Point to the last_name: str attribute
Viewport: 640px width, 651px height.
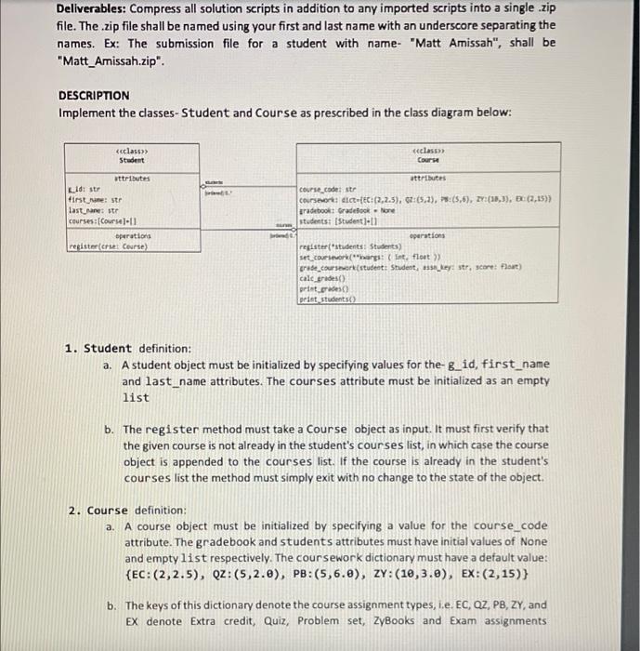tap(90, 209)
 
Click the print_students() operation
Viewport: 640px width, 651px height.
tap(330, 299)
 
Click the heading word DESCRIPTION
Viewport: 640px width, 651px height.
tap(94, 95)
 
